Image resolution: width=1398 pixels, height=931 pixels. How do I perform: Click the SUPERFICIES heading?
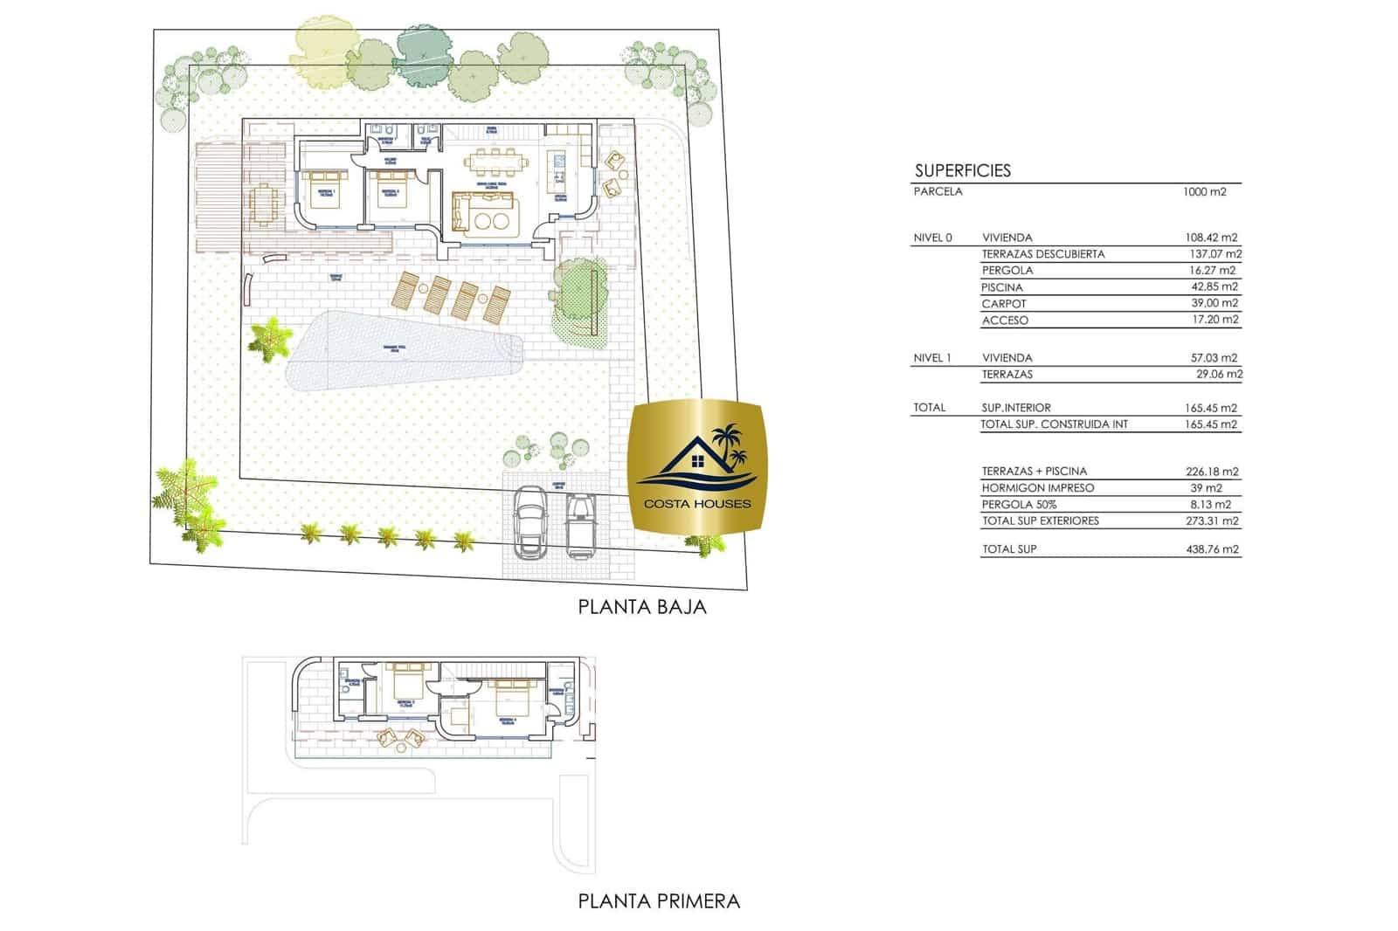(x=962, y=171)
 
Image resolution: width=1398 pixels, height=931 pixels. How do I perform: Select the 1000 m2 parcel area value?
(x=1204, y=192)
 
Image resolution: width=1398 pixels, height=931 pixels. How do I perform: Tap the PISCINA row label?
(x=1001, y=287)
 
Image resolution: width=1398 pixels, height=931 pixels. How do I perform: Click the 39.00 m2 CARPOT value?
(x=1213, y=303)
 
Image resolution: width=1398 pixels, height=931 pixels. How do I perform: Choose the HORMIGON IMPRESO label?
(x=1037, y=488)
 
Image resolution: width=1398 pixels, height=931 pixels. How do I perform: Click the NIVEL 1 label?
(x=931, y=358)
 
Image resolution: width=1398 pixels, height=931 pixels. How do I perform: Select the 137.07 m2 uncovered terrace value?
(x=1215, y=254)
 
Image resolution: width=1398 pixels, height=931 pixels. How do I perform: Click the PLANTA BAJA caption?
(x=641, y=607)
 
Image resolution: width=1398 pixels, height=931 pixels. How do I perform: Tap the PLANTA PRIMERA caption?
(x=659, y=901)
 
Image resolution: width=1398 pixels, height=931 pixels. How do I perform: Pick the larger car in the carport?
(x=529, y=521)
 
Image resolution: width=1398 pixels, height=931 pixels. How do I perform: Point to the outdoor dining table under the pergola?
(x=264, y=205)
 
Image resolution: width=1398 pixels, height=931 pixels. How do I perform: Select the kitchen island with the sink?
(x=557, y=171)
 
